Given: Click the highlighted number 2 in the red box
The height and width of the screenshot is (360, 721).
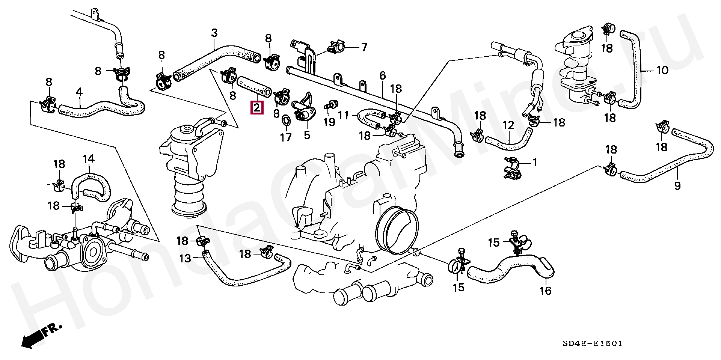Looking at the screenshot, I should (x=257, y=108).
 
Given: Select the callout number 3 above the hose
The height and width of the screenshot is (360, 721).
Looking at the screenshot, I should (x=214, y=33).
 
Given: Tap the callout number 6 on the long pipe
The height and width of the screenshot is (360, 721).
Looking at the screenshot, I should (x=382, y=76).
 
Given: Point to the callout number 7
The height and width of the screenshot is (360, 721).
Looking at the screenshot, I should (x=364, y=47).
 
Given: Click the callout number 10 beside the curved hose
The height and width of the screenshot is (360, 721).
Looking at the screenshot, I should (x=662, y=70).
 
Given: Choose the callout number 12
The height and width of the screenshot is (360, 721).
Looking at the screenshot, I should (x=508, y=125).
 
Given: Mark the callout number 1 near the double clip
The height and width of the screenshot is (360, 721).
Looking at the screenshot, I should (x=535, y=163).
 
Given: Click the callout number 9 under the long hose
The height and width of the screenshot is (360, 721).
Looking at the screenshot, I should (x=677, y=186).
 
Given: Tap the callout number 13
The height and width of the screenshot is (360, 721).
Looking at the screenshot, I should (x=185, y=258).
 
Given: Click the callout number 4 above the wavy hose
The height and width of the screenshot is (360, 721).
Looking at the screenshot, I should (x=79, y=92).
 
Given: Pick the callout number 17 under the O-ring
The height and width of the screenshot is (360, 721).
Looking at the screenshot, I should (x=286, y=137).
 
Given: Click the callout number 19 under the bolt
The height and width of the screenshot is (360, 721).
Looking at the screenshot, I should (x=329, y=122).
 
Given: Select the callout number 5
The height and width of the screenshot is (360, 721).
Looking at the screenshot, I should (x=307, y=135).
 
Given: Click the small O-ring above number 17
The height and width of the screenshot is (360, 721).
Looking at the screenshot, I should (x=286, y=121).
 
